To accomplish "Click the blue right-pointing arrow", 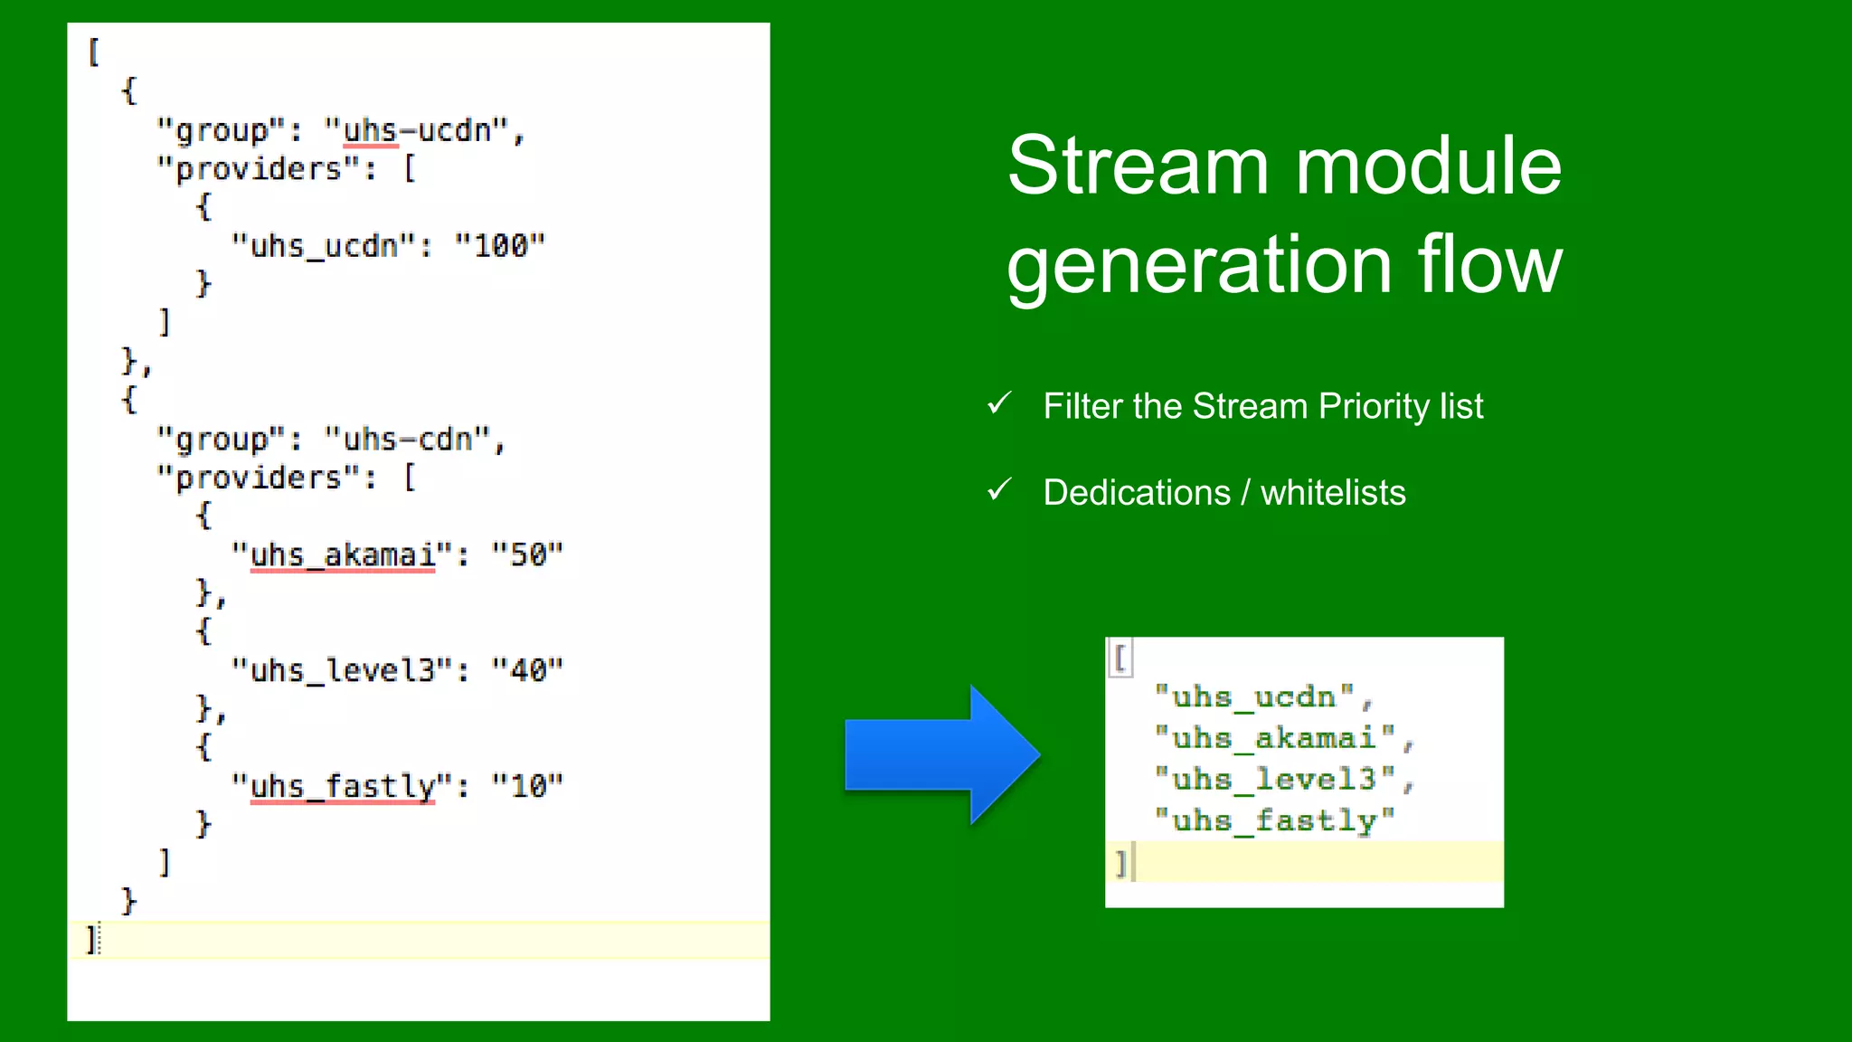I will pos(940,754).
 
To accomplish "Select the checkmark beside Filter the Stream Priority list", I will pos(999,403).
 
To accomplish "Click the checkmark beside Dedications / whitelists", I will pos(999,490).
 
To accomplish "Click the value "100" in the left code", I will pos(500,246).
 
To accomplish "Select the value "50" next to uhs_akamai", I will pos(527,554).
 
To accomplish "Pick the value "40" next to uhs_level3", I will pos(527,670).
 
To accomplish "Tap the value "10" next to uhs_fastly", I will pos(527,786).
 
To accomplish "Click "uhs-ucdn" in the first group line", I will pos(417,131).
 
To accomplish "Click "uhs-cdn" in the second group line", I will pos(408,440).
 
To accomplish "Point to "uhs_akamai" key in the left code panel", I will pos(342,554).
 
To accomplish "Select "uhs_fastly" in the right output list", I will pos(1274,820).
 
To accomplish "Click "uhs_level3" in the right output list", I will pos(1274,779).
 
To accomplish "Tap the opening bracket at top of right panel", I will pos(1120,657).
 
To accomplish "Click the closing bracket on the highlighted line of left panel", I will pos(90,940).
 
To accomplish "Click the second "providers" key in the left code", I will pos(259,478).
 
